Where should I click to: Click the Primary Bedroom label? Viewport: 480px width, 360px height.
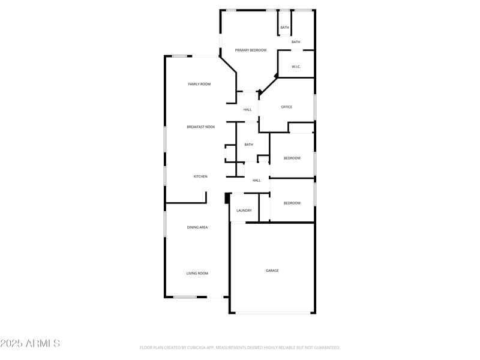(251, 50)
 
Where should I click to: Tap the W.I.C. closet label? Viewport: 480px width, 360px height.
(296, 67)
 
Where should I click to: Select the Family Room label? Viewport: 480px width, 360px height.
(199, 84)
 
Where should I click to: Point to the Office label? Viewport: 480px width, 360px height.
(287, 107)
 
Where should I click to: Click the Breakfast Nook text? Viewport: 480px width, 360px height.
(200, 127)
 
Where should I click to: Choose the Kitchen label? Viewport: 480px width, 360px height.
(200, 176)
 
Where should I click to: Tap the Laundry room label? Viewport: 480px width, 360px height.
(244, 211)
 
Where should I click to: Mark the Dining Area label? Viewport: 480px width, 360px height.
(197, 227)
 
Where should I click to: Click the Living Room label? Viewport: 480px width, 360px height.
(197, 274)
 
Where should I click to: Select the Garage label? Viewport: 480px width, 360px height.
(272, 271)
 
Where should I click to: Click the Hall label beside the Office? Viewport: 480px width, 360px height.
(248, 110)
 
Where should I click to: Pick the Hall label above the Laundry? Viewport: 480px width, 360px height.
(257, 181)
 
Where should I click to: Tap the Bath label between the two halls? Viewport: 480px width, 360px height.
(248, 145)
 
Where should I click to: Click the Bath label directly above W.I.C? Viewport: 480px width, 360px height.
(296, 42)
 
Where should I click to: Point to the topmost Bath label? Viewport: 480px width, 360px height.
(284, 28)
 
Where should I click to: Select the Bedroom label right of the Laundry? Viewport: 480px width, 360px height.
(292, 203)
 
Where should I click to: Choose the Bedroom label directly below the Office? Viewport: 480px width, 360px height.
(292, 158)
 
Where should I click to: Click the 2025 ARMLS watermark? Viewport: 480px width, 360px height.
(30, 343)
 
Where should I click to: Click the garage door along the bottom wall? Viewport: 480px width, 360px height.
(273, 312)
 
